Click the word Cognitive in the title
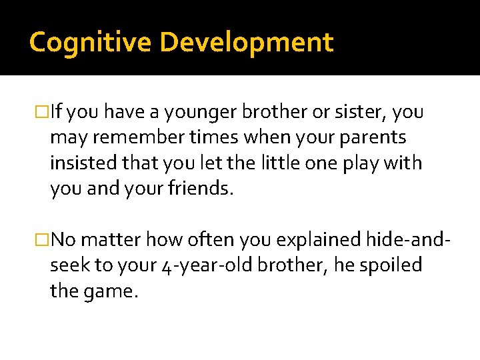click(91, 42)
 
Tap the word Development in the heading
click(247, 42)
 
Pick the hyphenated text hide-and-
click(408, 239)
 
